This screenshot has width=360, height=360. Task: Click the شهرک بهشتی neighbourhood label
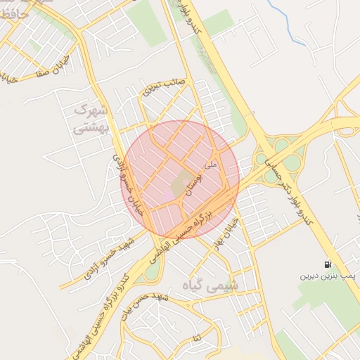91,119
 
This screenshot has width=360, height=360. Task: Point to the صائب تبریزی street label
165,86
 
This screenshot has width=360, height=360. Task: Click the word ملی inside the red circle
210,164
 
